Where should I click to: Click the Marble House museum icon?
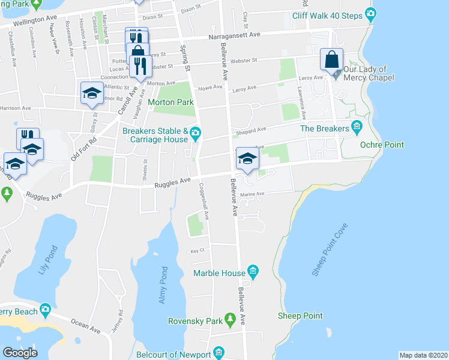253,273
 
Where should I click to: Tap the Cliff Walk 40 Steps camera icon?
371,13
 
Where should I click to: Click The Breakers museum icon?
357,128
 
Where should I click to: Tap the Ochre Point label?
381,145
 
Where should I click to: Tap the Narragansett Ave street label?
235,35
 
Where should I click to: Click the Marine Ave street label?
253,194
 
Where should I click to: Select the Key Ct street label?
198,251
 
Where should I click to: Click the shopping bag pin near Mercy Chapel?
331,60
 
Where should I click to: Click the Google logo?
20,353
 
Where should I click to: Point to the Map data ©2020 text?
424,355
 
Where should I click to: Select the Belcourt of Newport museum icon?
218,352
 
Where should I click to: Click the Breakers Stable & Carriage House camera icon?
196,132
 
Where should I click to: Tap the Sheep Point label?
300,316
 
